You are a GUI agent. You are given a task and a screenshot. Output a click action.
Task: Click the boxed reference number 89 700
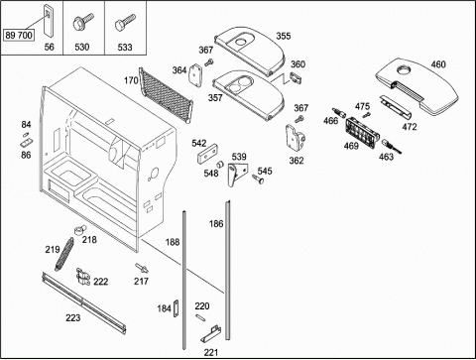coord(19,35)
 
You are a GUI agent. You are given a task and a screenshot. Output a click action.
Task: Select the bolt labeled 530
coord(82,22)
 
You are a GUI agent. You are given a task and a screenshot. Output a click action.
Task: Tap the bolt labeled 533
coord(125,22)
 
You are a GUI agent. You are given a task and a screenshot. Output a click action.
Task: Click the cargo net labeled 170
coord(166,95)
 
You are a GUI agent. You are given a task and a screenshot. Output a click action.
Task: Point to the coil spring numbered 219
coord(64,254)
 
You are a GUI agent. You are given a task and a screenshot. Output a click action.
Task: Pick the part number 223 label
coord(73,317)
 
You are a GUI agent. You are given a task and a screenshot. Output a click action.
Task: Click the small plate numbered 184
coord(177,308)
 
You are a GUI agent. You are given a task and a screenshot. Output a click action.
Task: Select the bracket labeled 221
coord(210,334)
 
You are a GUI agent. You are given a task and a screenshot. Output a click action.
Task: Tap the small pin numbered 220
coord(200,316)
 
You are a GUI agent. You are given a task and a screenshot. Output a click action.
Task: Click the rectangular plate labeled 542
coord(207,155)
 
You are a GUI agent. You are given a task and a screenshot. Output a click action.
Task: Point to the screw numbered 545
coord(258,179)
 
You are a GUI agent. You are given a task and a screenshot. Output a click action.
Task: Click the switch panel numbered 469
coord(362,133)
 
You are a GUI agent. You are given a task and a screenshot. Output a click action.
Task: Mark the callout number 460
coord(438,64)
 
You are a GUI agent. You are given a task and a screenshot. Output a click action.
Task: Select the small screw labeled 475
coord(366,115)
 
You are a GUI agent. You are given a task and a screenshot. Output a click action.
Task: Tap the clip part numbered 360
coord(296,77)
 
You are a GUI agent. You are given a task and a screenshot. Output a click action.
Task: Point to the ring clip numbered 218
coord(79,230)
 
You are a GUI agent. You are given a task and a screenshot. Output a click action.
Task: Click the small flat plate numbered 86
coord(27,143)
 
